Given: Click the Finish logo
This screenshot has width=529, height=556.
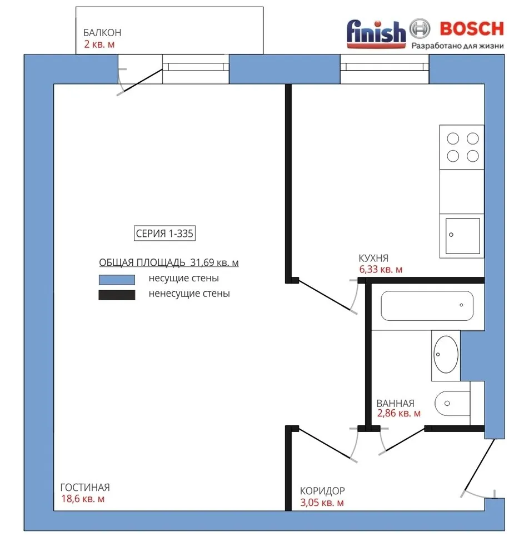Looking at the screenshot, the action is tap(376, 34).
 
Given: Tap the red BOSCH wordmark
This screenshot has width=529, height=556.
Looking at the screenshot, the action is tap(472, 29).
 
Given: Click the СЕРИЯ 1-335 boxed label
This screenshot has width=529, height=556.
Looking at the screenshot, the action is tap(164, 234).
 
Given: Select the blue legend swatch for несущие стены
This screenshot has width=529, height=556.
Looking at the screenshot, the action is tap(117, 280).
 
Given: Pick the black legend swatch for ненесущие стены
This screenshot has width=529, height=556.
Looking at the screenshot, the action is tap(117, 295).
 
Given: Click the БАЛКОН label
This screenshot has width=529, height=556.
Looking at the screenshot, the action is tap(102, 33).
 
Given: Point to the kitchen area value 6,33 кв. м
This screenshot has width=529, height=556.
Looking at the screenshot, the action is tap(381, 270).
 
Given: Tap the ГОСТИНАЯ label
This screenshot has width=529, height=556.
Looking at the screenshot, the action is tap(85, 487).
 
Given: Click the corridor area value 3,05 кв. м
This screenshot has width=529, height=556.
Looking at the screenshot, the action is tap(322, 503).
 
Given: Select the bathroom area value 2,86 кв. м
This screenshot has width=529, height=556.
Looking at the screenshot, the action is tap(398, 413).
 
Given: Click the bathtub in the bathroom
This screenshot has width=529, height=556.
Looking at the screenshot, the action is tap(427, 306).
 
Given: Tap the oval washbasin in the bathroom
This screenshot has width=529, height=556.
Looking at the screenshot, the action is tap(446, 354).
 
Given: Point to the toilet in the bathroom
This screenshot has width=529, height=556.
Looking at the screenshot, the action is tap(452, 403).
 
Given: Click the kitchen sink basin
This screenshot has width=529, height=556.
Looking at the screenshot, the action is tap(462, 236).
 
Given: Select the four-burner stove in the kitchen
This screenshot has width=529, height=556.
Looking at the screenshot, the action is tap(462, 147).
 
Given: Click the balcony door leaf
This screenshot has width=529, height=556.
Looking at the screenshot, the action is tap(143, 80).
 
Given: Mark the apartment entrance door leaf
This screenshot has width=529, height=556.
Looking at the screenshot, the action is tap(479, 465).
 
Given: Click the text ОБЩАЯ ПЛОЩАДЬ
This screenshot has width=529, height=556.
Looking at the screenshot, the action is tap(142, 262).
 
